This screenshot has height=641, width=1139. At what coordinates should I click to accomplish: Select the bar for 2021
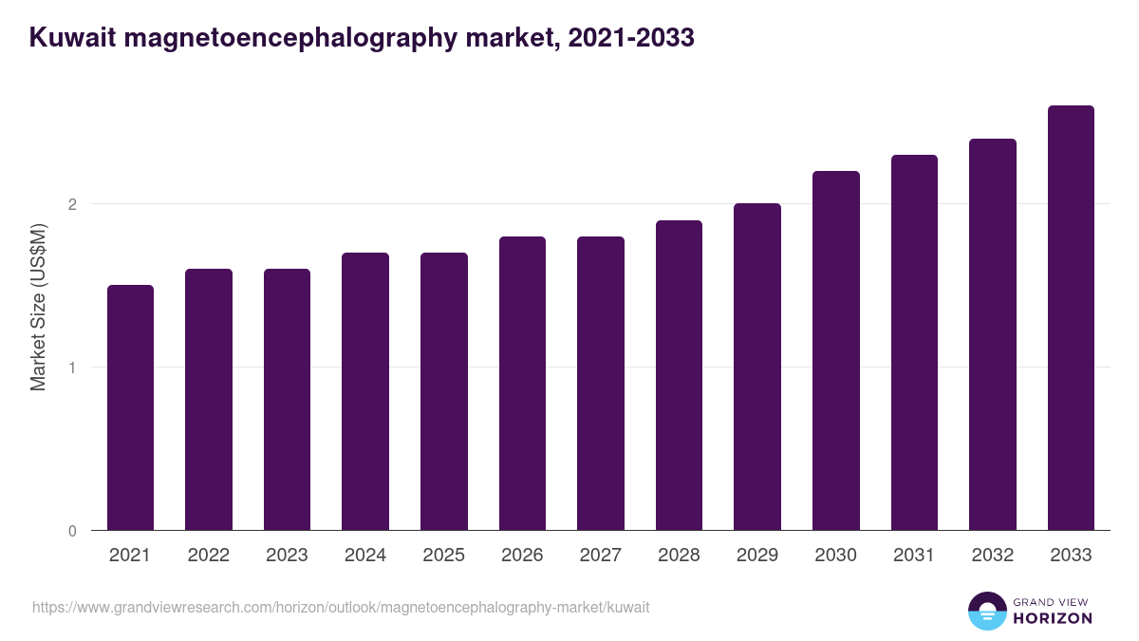(x=130, y=407)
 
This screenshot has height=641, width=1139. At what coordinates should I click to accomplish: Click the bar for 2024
(x=365, y=391)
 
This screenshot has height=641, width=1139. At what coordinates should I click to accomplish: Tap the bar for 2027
(x=600, y=383)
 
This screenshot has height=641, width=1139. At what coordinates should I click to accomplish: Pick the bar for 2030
(x=835, y=350)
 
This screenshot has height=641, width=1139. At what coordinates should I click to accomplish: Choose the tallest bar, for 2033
(x=1071, y=318)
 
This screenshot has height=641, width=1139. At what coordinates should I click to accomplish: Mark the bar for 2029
(x=756, y=367)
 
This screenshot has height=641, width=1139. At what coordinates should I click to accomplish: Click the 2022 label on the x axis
(x=208, y=556)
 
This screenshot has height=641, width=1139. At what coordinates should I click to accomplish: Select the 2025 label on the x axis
(x=443, y=556)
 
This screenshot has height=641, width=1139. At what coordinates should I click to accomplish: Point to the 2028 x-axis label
(x=679, y=556)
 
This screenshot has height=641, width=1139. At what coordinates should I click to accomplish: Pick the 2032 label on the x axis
(x=992, y=556)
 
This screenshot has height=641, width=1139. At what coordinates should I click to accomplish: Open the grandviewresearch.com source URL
(x=341, y=607)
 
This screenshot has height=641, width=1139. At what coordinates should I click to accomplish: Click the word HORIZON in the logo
(x=1052, y=618)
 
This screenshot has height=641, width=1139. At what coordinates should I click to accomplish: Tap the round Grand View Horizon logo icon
(x=986, y=611)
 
